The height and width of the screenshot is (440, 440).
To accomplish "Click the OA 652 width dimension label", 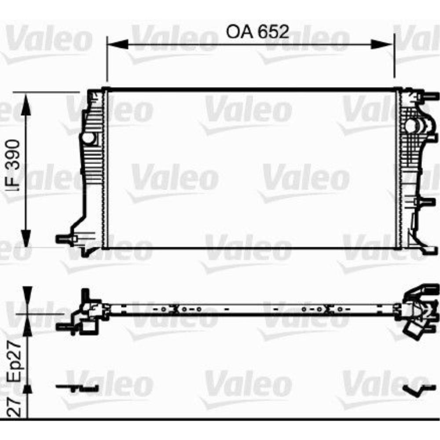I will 257,32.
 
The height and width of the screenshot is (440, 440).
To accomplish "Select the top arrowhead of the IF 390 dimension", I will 26,104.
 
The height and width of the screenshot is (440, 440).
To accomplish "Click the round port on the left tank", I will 88,138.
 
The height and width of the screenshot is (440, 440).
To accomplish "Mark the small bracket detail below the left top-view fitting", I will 77,387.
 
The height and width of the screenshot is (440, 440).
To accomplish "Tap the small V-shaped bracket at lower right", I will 415,390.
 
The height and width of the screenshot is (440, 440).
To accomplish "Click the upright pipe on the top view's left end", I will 84,296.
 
